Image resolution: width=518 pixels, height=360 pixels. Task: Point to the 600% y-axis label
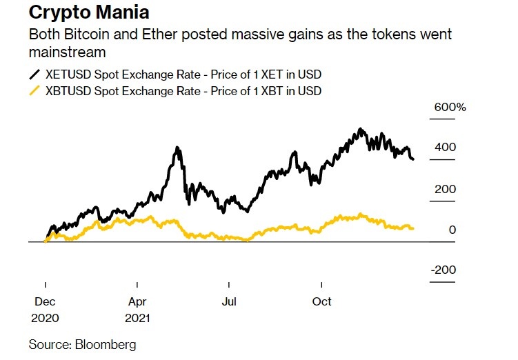[449, 108]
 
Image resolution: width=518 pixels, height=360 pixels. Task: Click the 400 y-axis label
[444, 148]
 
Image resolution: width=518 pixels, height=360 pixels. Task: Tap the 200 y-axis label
[444, 189]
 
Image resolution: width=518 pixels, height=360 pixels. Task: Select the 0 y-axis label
[452, 230]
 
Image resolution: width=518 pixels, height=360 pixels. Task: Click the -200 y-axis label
[443, 270]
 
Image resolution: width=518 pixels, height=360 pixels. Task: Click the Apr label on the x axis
[138, 301]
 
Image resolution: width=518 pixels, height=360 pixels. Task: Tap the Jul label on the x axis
[229, 301]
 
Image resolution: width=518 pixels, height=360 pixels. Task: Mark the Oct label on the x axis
[322, 301]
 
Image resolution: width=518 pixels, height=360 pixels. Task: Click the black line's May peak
[177, 148]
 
